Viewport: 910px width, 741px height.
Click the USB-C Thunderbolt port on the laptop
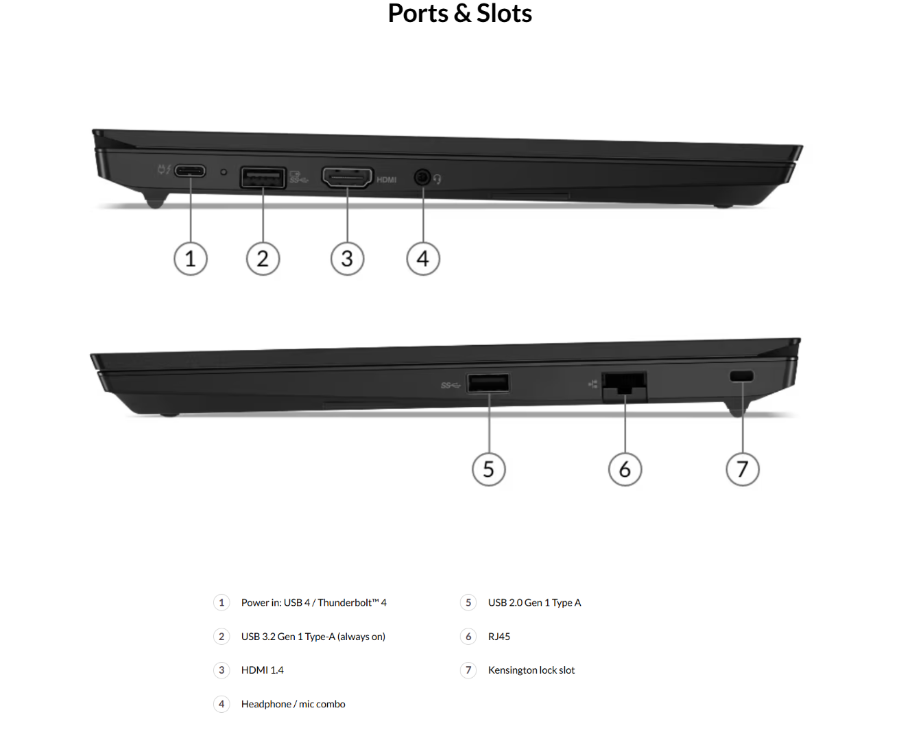click(x=190, y=171)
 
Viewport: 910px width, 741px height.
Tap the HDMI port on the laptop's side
click(x=347, y=177)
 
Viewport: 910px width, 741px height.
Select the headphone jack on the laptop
click(x=422, y=177)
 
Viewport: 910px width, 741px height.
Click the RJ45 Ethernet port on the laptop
click(x=624, y=386)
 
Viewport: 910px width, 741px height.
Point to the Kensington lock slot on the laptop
click(x=742, y=375)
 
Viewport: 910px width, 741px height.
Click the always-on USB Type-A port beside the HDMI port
click(x=263, y=177)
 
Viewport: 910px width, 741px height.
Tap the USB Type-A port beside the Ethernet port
click(x=488, y=382)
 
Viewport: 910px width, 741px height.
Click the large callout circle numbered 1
click(x=191, y=259)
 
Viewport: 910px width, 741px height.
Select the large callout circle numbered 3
click(x=348, y=259)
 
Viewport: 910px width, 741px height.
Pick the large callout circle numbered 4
click(x=423, y=259)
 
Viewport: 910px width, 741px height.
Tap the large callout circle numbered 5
click(x=488, y=469)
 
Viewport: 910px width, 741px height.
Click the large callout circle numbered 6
click(x=625, y=469)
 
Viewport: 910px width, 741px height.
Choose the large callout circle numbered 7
click(x=742, y=469)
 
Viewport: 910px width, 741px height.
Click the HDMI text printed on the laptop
click(x=386, y=180)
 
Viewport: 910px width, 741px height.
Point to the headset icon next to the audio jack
click(x=437, y=179)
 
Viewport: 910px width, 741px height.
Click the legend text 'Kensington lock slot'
click(x=531, y=670)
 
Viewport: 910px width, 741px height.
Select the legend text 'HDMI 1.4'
click(x=262, y=670)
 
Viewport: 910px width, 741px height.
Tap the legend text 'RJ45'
click(x=499, y=636)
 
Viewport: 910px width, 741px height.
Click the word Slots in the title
click(x=504, y=13)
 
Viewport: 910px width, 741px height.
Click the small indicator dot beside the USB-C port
click(x=223, y=172)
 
